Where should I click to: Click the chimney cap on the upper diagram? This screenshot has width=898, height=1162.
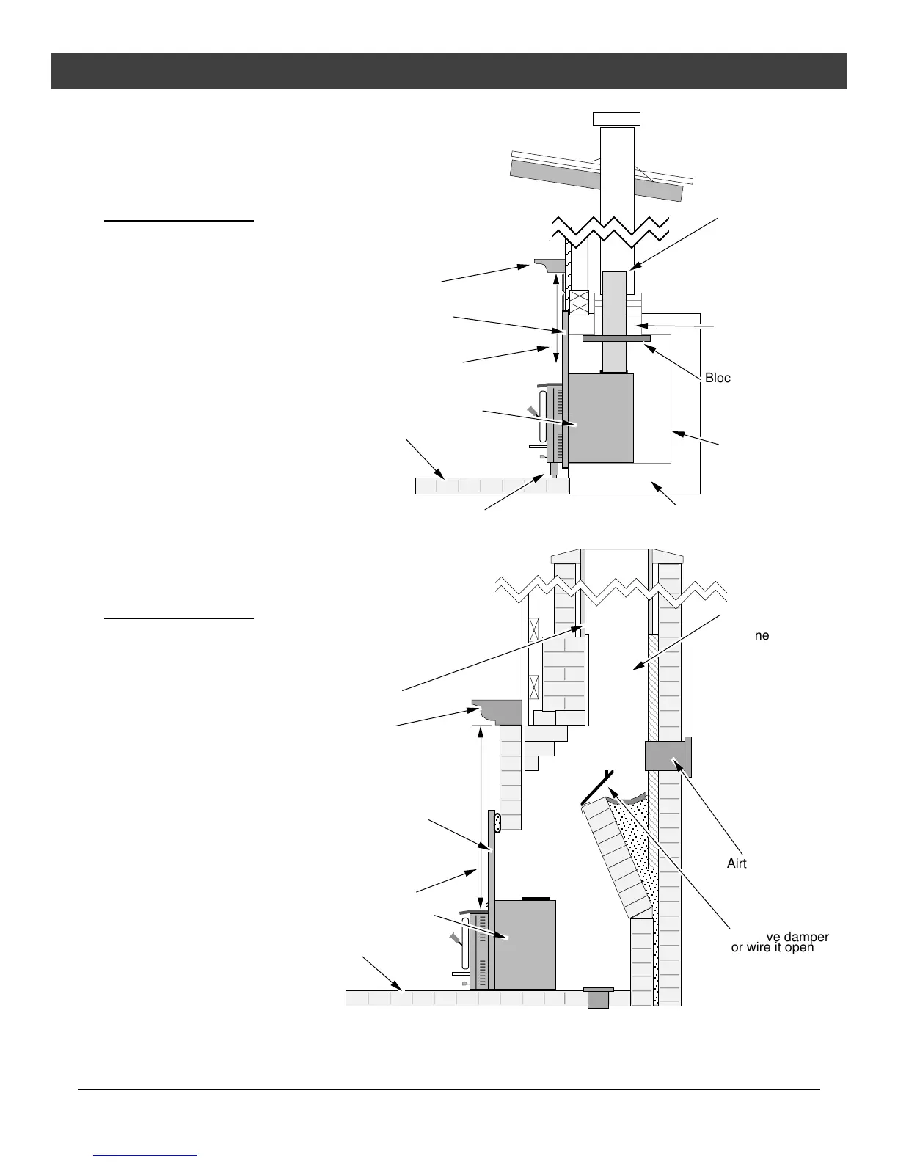pyautogui.click(x=616, y=119)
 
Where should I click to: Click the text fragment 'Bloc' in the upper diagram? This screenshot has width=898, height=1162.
pyautogui.click(x=718, y=378)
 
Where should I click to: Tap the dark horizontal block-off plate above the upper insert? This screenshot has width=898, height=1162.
pyautogui.click(x=616, y=339)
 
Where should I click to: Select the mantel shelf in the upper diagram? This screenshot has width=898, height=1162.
pyautogui.click(x=549, y=263)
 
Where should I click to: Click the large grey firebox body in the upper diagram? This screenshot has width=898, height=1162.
pyautogui.click(x=602, y=418)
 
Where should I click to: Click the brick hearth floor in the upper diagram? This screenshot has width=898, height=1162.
pyautogui.click(x=492, y=485)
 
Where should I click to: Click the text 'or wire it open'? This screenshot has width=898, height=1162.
pyautogui.click(x=773, y=948)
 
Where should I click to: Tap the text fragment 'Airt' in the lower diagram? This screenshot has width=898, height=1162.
pyautogui.click(x=737, y=863)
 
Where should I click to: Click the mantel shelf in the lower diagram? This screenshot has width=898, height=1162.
pyautogui.click(x=497, y=711)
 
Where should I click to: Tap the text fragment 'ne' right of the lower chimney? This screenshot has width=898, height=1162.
pyautogui.click(x=762, y=635)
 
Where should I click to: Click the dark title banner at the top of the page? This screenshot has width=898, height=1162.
pyautogui.click(x=448, y=70)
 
